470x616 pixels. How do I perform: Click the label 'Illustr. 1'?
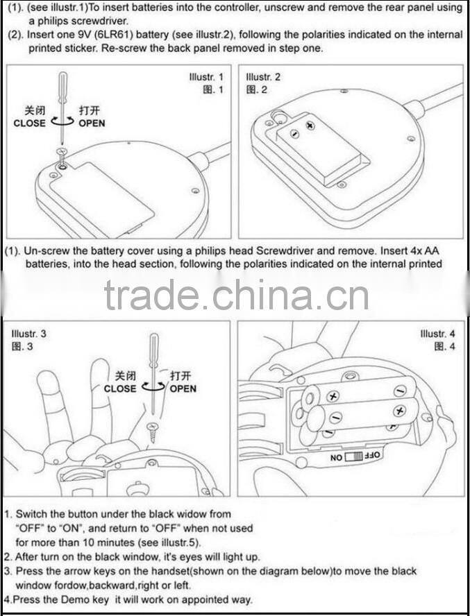[x=206, y=76]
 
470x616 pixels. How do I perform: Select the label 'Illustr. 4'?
[x=438, y=334]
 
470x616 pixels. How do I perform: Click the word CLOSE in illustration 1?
[x=30, y=123]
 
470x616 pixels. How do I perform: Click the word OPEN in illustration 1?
[x=92, y=123]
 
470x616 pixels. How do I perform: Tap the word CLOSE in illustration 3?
[x=120, y=388]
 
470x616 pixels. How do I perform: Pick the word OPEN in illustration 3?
[x=183, y=388]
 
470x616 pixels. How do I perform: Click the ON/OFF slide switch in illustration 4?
[x=355, y=458]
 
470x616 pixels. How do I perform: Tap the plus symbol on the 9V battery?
[x=310, y=126]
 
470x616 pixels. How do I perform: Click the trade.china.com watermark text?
[x=236, y=296]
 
